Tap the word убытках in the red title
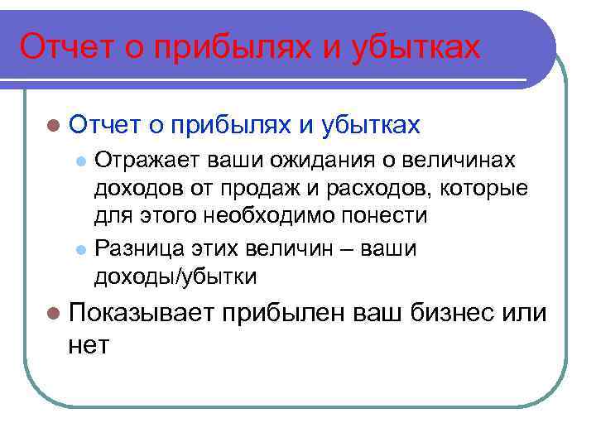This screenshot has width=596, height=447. click(414, 47)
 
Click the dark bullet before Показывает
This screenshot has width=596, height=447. click(54, 315)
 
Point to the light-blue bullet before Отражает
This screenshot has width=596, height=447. click(80, 160)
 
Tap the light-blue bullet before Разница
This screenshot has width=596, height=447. click(80, 248)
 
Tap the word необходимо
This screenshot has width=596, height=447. click(290, 217)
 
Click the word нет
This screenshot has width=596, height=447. click(89, 344)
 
